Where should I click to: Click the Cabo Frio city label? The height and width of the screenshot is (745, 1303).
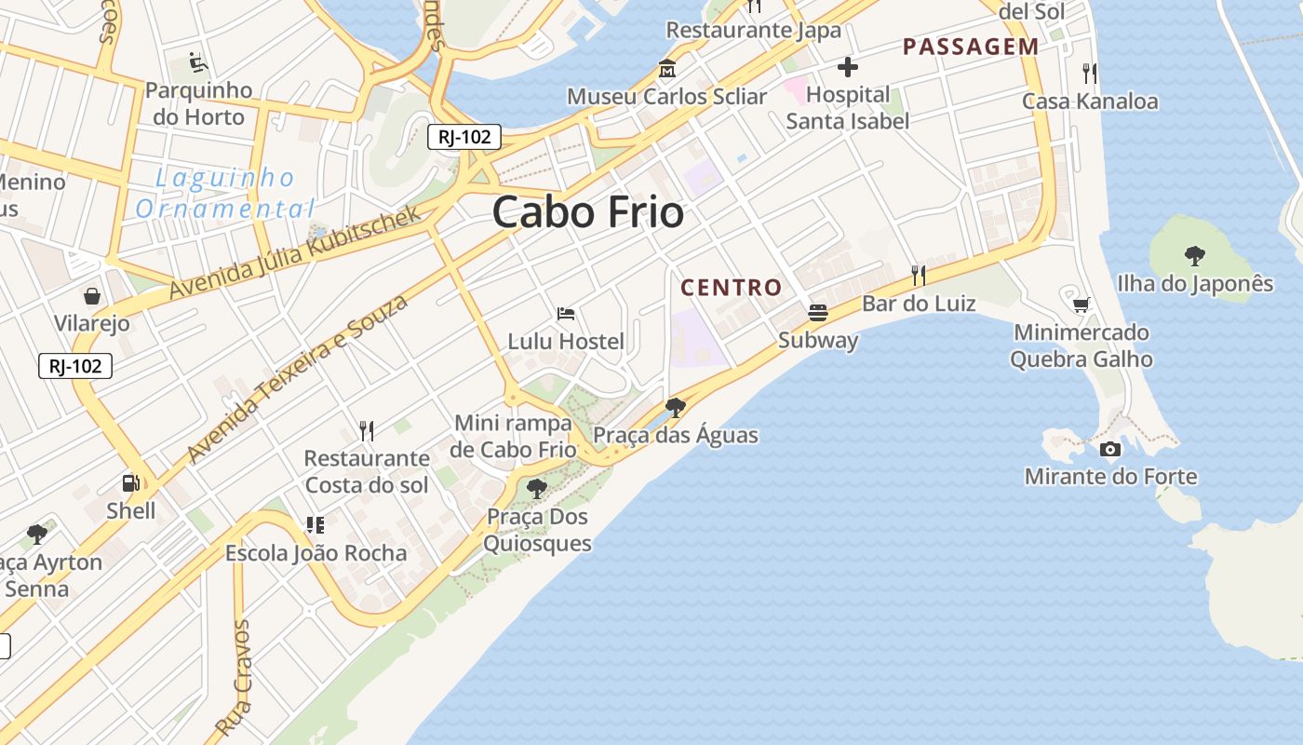[x=588, y=212]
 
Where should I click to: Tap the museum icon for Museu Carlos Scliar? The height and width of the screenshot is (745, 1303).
[x=667, y=69]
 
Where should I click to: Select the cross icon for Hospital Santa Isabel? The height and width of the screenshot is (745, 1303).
[x=847, y=67]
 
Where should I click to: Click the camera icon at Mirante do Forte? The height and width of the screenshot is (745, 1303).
[x=1109, y=450]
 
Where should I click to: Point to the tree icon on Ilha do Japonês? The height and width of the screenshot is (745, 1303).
[x=1194, y=255]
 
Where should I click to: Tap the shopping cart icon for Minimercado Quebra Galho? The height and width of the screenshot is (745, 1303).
[x=1081, y=305]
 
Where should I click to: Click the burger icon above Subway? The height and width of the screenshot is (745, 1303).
[x=818, y=312]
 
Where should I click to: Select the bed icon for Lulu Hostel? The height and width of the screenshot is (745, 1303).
[x=565, y=314]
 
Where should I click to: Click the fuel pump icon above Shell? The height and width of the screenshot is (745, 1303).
[x=131, y=482]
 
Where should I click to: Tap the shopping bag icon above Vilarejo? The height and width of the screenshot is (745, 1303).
[x=92, y=296]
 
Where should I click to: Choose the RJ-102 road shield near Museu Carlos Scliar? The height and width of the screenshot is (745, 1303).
[x=464, y=137]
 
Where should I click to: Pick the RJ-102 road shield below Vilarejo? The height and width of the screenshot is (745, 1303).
[x=75, y=366]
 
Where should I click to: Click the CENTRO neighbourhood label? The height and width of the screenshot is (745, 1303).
[x=732, y=287]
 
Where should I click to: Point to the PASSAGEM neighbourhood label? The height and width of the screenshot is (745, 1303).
[x=971, y=47]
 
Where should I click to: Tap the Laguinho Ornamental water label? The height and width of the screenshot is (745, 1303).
[x=225, y=193]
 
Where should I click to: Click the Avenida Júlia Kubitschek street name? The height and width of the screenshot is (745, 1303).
[x=296, y=252]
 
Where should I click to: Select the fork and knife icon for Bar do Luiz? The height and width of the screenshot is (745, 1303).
[x=919, y=275]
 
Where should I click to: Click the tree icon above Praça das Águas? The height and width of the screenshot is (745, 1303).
[x=676, y=408]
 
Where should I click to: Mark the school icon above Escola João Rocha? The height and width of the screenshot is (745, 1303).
[x=316, y=525]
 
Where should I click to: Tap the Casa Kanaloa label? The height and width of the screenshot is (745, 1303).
[x=1090, y=101]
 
